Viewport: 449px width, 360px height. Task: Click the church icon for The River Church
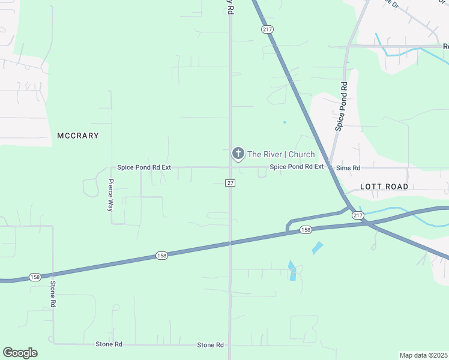(238, 154)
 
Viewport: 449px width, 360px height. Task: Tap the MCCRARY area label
(77, 136)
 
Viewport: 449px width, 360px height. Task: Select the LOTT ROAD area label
(384, 187)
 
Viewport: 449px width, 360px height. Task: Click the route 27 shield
(230, 182)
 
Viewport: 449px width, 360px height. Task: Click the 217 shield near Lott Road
(358, 215)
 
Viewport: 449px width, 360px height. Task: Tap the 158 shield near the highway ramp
(306, 230)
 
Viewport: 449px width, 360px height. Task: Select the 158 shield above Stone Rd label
(161, 256)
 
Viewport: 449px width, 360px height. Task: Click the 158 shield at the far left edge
(35, 277)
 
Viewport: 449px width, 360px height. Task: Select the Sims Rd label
(348, 168)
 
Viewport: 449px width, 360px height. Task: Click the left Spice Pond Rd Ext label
(144, 168)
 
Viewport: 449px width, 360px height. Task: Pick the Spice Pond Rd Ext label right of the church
(297, 167)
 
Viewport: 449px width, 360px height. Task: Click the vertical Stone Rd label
(53, 294)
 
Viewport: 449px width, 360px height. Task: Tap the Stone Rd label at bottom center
(210, 345)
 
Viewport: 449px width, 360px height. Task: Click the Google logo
(20, 353)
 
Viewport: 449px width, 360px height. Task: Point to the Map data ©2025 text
(423, 355)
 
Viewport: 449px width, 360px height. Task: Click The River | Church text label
(281, 154)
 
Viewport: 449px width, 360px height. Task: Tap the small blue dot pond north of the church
(285, 122)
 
